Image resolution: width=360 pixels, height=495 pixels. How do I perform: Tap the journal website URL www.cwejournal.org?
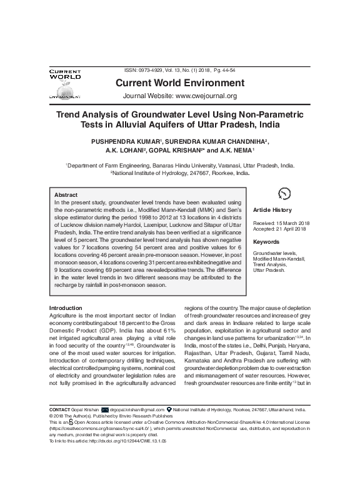pos(206,96)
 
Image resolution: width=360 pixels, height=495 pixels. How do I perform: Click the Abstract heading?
pos(66,195)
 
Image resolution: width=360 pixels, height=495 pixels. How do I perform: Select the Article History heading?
pos(272,211)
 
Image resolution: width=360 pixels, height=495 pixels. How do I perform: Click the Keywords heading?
pos(266,241)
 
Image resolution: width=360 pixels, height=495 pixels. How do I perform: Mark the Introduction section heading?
pos(66,308)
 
